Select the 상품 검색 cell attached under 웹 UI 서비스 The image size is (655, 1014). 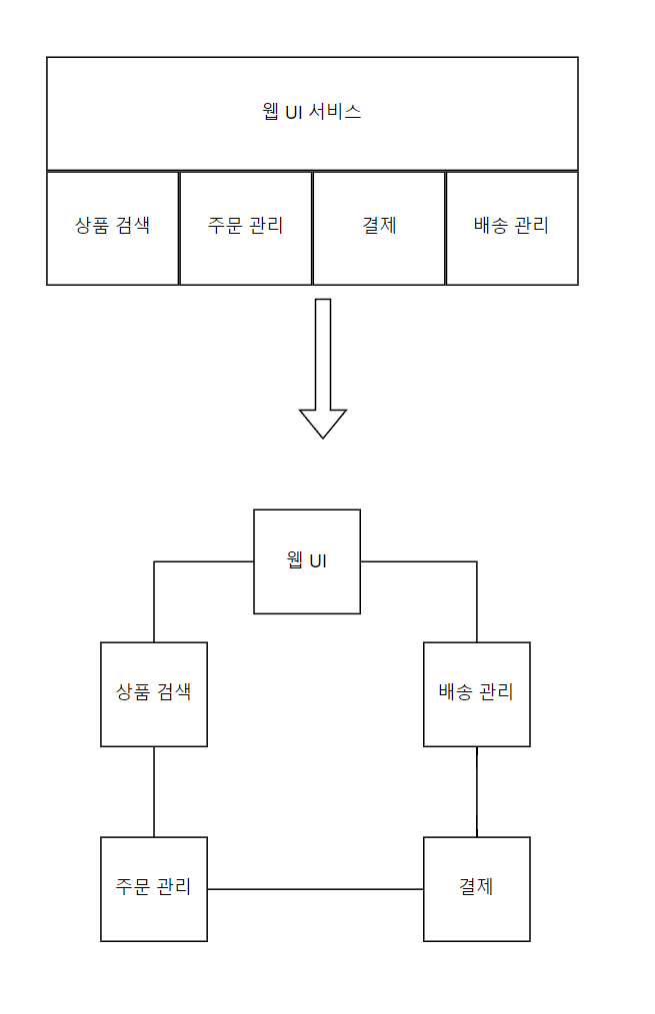pos(113,228)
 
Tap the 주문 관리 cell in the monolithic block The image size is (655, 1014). pos(246,228)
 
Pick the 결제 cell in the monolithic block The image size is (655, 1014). pos(379,228)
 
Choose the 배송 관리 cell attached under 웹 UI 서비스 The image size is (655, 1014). pos(512,228)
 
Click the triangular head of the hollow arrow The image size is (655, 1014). pos(323,422)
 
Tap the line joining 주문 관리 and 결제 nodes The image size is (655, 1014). pos(315,889)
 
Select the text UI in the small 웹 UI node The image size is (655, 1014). pos(318,560)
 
